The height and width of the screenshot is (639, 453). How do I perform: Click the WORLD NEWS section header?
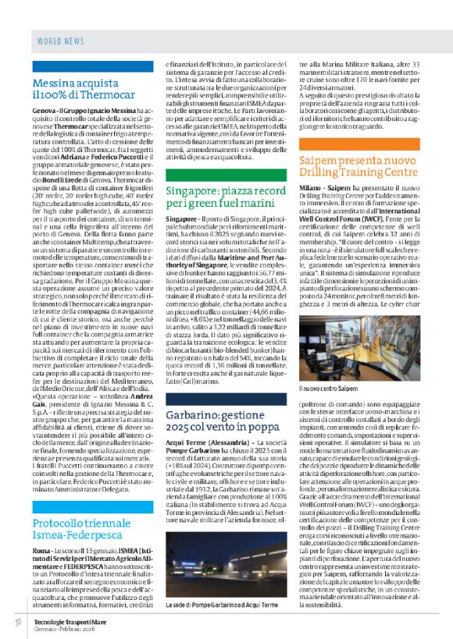[59, 39]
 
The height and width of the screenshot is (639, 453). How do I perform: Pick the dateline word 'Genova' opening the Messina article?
[44, 112]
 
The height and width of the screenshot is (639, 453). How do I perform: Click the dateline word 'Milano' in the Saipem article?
[310, 190]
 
